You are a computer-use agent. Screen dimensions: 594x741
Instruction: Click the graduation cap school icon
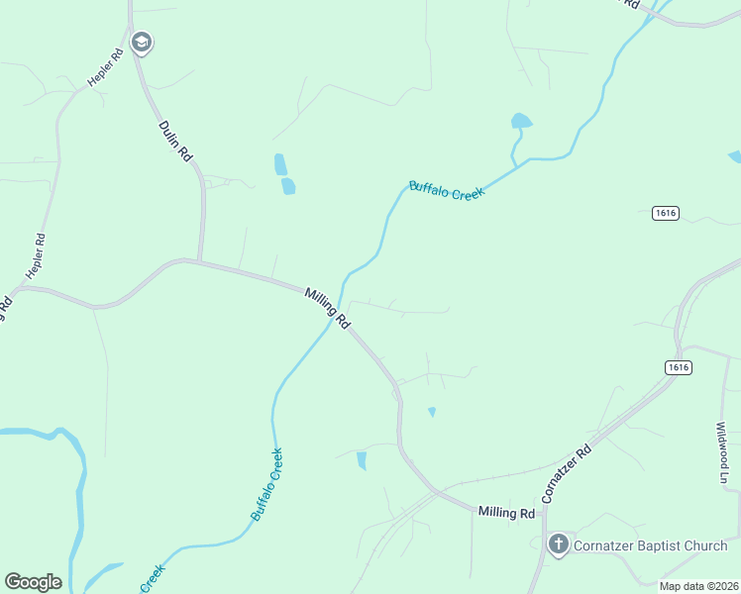pyautogui.click(x=142, y=42)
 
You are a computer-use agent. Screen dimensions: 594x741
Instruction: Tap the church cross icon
pyautogui.click(x=559, y=544)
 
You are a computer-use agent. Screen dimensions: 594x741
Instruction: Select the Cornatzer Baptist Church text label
pyautogui.click(x=651, y=545)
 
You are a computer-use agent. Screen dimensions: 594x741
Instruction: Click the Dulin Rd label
pyautogui.click(x=175, y=142)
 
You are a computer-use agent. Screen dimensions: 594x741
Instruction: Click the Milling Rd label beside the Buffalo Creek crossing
pyautogui.click(x=327, y=308)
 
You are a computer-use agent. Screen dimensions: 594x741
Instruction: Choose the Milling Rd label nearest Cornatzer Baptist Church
pyautogui.click(x=506, y=512)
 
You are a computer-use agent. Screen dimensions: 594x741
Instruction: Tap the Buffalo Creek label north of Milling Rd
pyautogui.click(x=447, y=191)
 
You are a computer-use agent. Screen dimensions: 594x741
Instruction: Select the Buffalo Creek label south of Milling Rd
pyautogui.click(x=267, y=484)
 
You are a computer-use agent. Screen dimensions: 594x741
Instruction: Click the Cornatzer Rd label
pyautogui.click(x=567, y=471)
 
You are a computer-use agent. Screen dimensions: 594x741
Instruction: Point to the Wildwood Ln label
pyautogui.click(x=722, y=454)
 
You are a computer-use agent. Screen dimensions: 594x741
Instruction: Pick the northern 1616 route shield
pyautogui.click(x=665, y=213)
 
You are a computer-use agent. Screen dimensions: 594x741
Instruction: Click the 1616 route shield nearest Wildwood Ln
pyautogui.click(x=679, y=367)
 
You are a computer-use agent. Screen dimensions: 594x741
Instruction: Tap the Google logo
pyautogui.click(x=33, y=582)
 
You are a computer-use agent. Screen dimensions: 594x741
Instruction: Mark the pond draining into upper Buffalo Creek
pyautogui.click(x=520, y=122)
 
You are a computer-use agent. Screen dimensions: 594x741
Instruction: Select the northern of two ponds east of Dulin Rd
pyautogui.click(x=280, y=163)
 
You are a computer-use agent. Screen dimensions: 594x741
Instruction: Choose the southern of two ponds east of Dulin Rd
pyautogui.click(x=288, y=185)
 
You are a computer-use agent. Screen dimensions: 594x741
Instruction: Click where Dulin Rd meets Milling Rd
pyautogui.click(x=200, y=262)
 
